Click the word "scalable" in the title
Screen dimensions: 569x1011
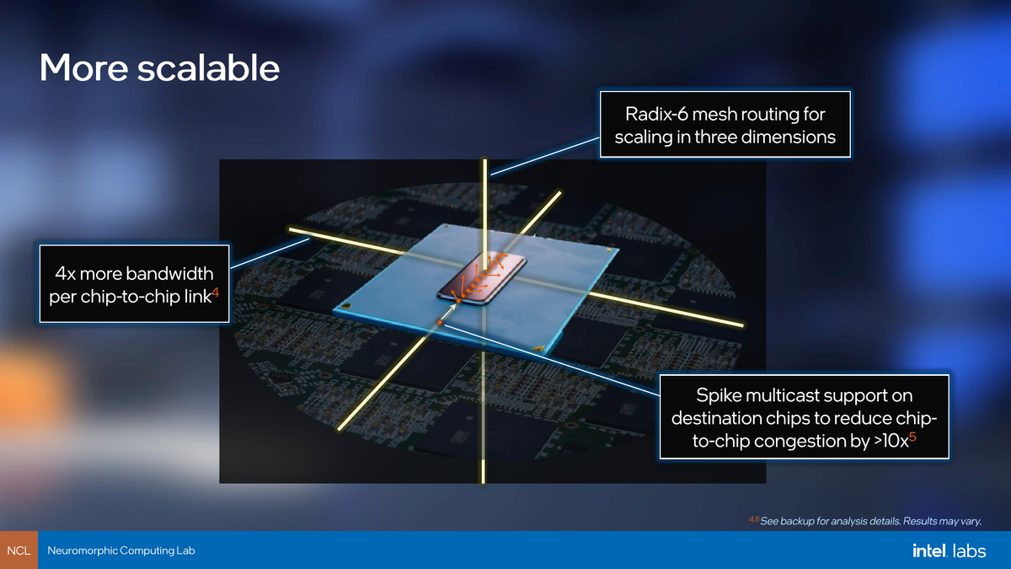209,67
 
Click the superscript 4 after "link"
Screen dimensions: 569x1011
216,293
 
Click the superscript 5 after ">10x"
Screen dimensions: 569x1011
912,436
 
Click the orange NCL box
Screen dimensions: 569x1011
19,550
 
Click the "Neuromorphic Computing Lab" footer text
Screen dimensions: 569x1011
121,550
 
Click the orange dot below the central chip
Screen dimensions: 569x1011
440,321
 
